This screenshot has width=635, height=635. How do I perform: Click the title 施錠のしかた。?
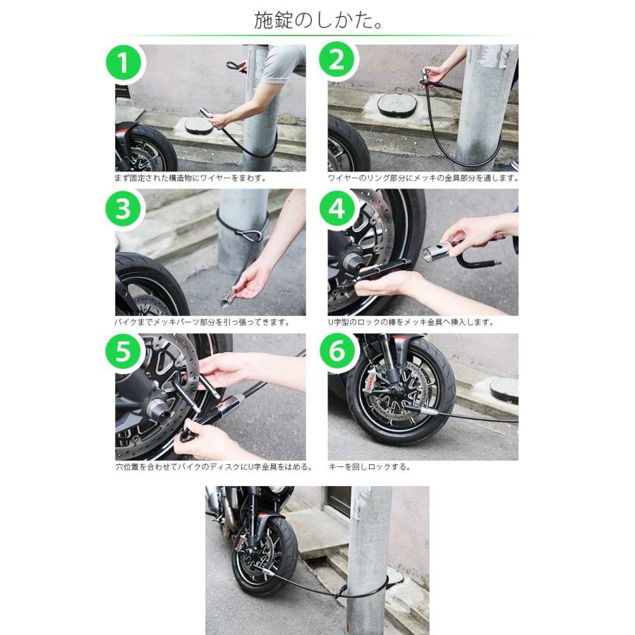(318, 20)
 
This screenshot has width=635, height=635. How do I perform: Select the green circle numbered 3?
(124, 207)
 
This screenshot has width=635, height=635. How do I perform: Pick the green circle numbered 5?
(124, 352)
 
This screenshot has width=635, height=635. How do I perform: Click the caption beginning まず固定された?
(190, 178)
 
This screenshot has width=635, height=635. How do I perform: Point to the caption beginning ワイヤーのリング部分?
(423, 178)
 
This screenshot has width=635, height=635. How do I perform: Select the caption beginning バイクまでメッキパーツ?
(202, 322)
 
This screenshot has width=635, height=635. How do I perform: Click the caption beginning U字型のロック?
(411, 322)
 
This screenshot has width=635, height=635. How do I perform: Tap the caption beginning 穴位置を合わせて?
(211, 467)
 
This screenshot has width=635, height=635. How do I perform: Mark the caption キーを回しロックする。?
(369, 467)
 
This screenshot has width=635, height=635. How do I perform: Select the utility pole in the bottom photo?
(368, 557)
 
